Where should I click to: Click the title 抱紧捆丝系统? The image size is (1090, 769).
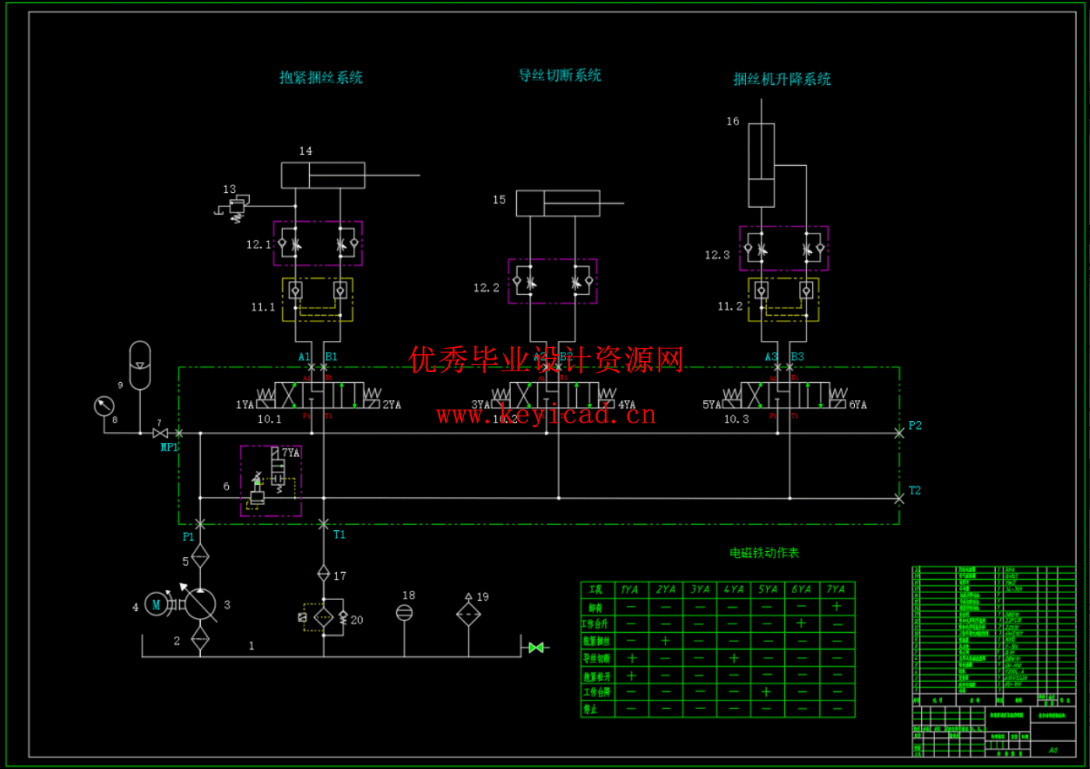(x=321, y=78)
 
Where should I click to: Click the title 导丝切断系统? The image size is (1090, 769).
(x=560, y=75)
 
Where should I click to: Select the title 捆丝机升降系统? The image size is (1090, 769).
(x=782, y=79)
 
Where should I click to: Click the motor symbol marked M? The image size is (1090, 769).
(x=156, y=605)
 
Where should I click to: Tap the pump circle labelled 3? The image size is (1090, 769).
(x=200, y=605)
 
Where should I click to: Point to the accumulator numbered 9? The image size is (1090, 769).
(x=140, y=365)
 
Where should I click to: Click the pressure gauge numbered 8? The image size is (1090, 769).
(x=104, y=406)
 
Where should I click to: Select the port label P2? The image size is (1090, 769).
(x=915, y=426)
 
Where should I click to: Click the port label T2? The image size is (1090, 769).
(x=915, y=491)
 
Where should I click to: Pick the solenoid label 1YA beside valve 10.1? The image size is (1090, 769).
(x=244, y=405)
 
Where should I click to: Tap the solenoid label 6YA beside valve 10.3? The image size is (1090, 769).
(x=857, y=405)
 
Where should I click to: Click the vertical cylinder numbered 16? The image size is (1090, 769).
(x=761, y=165)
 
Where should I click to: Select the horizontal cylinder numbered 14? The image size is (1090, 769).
(x=323, y=175)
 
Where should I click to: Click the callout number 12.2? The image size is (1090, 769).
(x=486, y=288)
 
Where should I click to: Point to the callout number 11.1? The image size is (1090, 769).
(x=262, y=307)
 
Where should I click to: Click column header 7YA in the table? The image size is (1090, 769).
(x=835, y=590)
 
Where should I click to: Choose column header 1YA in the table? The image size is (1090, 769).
(x=629, y=590)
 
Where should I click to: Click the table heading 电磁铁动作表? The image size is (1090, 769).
(x=764, y=553)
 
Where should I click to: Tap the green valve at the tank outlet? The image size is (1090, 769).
(x=536, y=648)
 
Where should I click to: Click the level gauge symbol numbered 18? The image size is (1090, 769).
(x=405, y=613)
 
